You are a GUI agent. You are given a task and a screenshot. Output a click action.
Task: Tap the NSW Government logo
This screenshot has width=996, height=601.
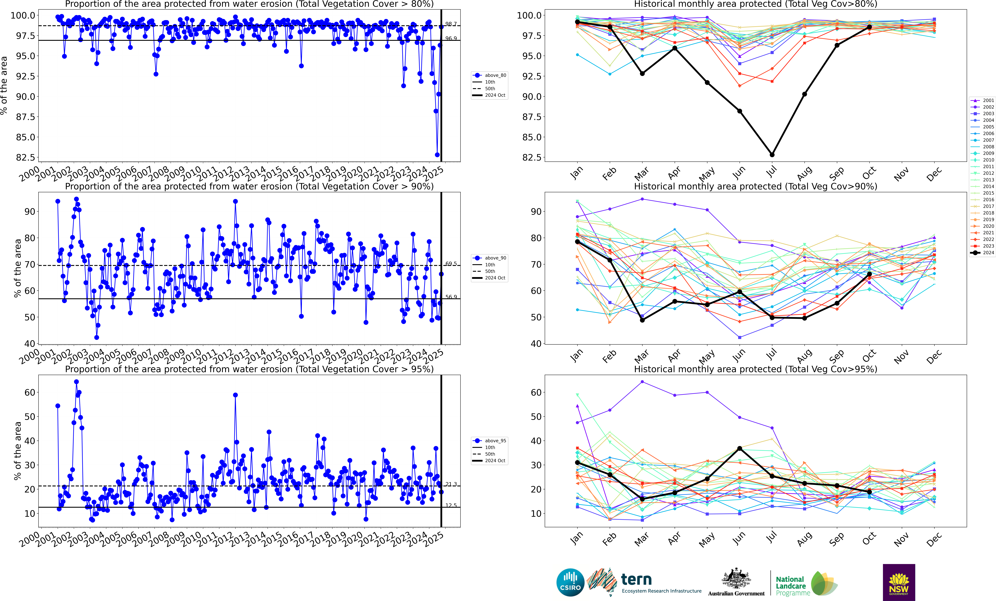pyautogui.click(x=899, y=582)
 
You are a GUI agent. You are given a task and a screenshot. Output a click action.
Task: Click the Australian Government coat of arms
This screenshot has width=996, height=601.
pyautogui.click(x=736, y=578)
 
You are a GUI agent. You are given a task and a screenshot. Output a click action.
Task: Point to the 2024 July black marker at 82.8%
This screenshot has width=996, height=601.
pyautogui.click(x=772, y=155)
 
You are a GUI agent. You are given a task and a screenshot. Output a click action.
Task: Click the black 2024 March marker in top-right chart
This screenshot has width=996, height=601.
pyautogui.click(x=642, y=74)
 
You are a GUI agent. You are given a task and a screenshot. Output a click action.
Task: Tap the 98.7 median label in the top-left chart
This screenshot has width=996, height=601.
pyautogui.click(x=451, y=24)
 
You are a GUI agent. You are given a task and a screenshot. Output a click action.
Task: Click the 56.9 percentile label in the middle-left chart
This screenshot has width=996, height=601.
pyautogui.click(x=451, y=297)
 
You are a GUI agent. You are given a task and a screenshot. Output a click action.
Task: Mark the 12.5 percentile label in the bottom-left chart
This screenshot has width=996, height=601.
pyautogui.click(x=451, y=505)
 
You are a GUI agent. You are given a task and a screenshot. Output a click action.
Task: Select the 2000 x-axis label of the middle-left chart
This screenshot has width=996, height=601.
pyautogui.click(x=30, y=357)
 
